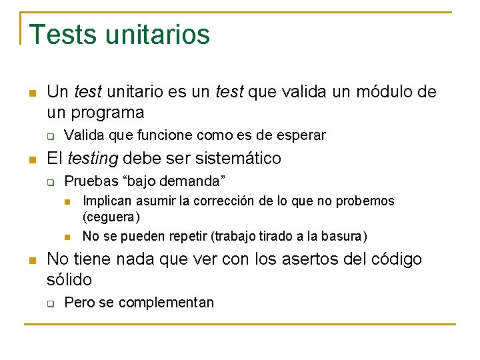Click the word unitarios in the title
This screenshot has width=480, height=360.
click(x=153, y=35)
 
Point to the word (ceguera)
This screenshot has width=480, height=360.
click(x=111, y=217)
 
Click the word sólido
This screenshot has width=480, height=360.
click(x=69, y=279)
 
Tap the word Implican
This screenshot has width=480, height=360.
click(x=107, y=201)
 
